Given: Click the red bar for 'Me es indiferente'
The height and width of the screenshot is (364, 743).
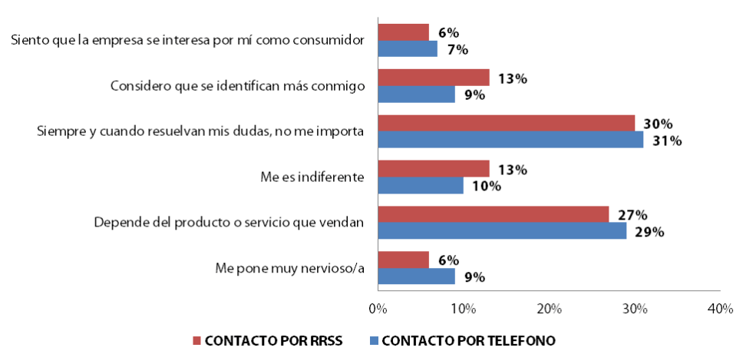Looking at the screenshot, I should (x=433, y=169).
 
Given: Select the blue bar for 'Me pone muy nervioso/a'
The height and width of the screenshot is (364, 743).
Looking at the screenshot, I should (x=416, y=276).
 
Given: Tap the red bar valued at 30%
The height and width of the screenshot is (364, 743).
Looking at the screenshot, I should (x=506, y=124).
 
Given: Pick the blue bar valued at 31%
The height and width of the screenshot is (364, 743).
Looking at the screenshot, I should (x=510, y=141).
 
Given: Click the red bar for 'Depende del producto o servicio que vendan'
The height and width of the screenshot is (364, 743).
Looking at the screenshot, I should (x=493, y=214).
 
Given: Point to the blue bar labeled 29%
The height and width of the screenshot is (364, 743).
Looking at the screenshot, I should (x=502, y=231).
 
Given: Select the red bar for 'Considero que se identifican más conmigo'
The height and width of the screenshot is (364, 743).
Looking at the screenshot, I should (x=433, y=78).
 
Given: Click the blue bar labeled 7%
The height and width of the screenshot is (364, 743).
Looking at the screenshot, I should (x=408, y=49).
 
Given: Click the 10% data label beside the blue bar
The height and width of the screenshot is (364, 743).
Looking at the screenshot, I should (x=487, y=186).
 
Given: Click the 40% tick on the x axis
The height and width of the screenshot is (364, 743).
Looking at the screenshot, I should (x=720, y=308).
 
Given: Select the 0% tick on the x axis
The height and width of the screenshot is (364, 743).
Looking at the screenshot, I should (x=378, y=308).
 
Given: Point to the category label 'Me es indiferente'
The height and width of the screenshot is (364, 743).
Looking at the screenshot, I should (x=312, y=177).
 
